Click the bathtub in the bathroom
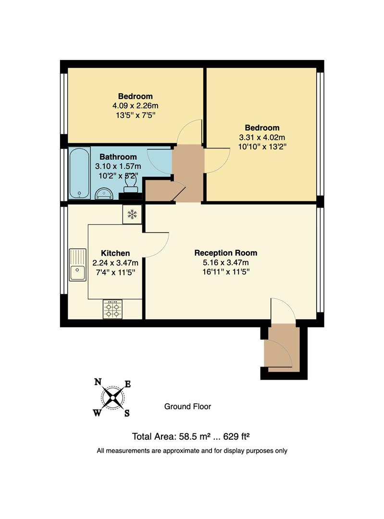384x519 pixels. tap(79, 173)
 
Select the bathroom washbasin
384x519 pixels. tap(104, 193)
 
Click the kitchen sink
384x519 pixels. tap(77, 265)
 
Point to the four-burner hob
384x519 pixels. tap(112, 309)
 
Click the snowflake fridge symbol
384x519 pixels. tap(132, 214)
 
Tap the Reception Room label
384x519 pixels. tap(225, 253)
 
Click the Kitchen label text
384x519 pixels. tap(115, 253)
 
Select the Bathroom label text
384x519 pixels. tap(118, 157)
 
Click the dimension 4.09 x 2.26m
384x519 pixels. tap(135, 105)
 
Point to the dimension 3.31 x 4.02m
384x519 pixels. tap(262, 137)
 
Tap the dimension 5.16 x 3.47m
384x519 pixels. tap(225, 262)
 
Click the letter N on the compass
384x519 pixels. tap(98, 382)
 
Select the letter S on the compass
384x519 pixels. tap(127, 413)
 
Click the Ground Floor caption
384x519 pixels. tap(187, 407)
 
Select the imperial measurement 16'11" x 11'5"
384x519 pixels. tap(225, 272)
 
